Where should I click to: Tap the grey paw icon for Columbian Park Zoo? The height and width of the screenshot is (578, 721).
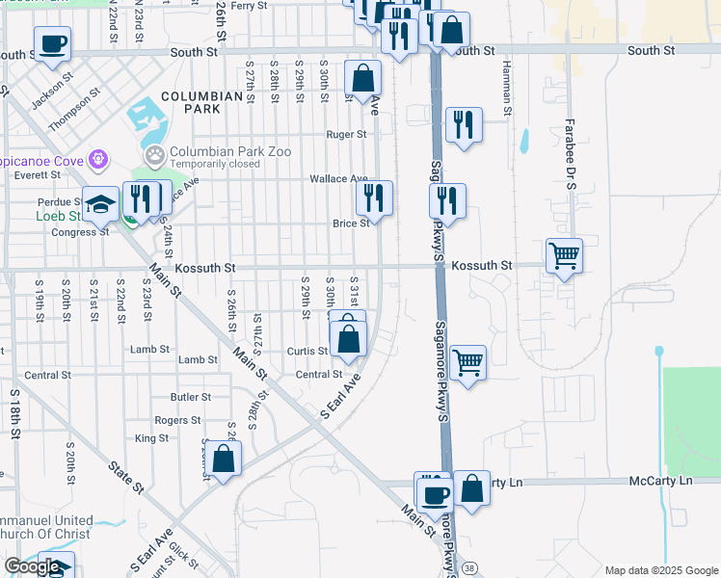[x=154, y=154]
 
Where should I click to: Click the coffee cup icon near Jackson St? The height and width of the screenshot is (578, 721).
[x=52, y=43]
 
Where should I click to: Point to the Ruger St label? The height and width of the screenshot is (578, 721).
[x=347, y=135]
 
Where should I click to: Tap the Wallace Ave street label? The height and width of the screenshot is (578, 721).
[x=338, y=179]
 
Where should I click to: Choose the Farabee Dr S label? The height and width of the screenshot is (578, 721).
[x=570, y=147]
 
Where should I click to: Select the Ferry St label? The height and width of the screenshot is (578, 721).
[x=248, y=6]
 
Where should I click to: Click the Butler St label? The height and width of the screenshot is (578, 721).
[x=190, y=397]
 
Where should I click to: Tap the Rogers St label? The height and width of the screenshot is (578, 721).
[x=177, y=420]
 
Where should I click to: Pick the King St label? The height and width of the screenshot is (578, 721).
[x=152, y=438]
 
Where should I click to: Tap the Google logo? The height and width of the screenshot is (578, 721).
[x=32, y=566]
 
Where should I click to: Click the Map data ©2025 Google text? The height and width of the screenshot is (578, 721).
[x=660, y=570]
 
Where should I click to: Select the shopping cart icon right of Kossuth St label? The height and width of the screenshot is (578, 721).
[x=564, y=256]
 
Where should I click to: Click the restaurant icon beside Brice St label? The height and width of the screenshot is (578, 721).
[x=374, y=198]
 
